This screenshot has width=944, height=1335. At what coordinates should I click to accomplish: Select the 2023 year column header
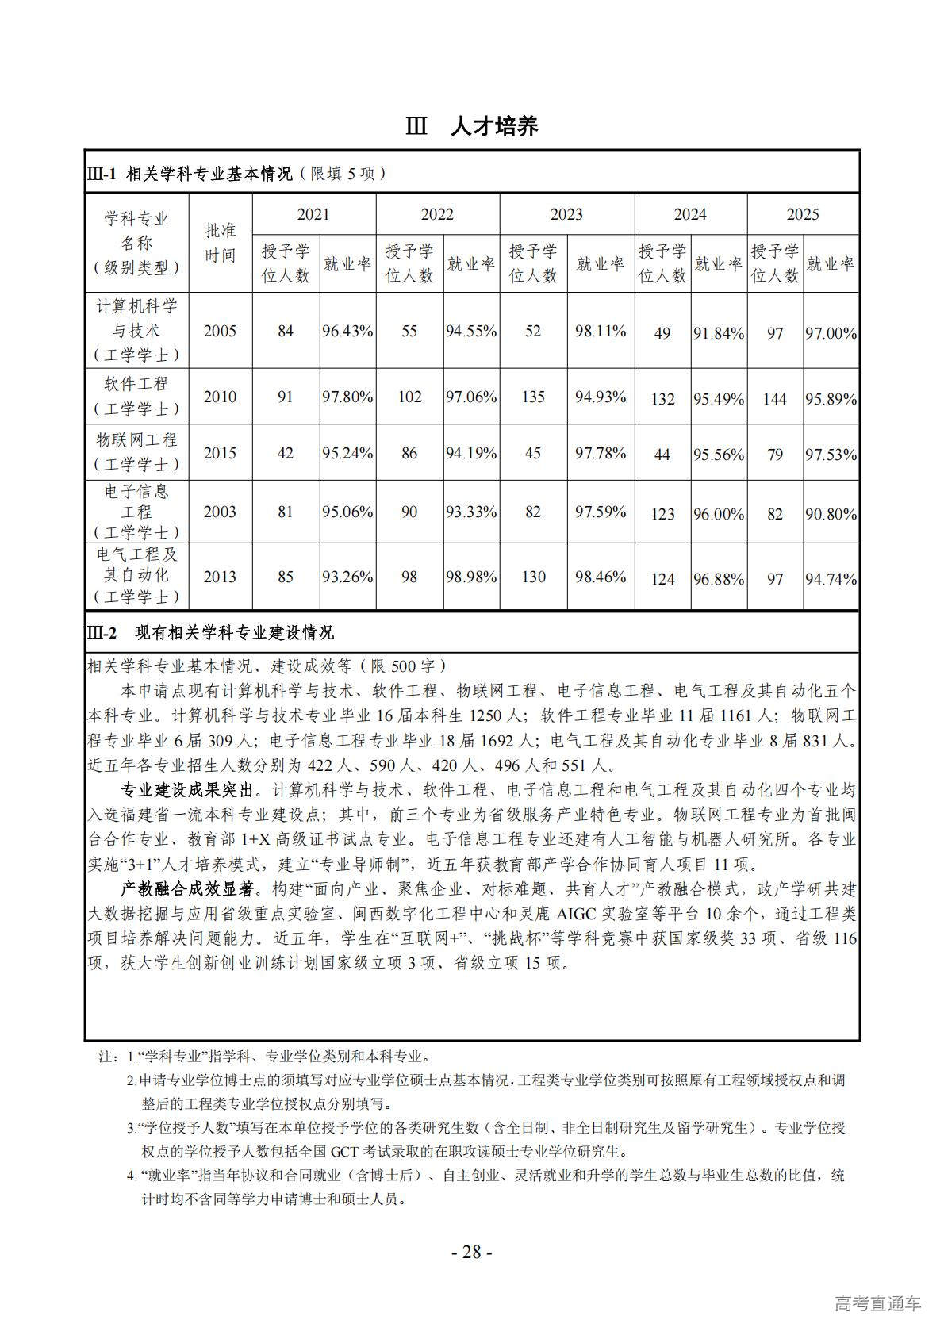566,214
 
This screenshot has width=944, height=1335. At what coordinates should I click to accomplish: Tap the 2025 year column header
803,214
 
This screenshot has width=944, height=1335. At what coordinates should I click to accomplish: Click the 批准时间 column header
221,243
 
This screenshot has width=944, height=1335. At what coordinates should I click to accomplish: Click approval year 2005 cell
220,331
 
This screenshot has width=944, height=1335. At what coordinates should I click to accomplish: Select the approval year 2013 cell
220,577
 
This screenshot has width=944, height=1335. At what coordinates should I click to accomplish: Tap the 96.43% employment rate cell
347,331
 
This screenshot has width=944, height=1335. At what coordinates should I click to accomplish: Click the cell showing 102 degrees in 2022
409,397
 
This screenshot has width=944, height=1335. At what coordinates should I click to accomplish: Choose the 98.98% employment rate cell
471,577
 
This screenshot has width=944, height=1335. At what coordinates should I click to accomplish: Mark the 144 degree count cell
775,398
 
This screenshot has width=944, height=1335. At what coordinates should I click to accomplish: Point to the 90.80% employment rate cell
831,514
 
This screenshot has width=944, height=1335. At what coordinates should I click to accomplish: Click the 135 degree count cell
533,397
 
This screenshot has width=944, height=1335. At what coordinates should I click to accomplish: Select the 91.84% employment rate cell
719,333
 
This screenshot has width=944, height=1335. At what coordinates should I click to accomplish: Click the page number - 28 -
472,1252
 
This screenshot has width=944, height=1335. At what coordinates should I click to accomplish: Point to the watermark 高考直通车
878,1302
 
